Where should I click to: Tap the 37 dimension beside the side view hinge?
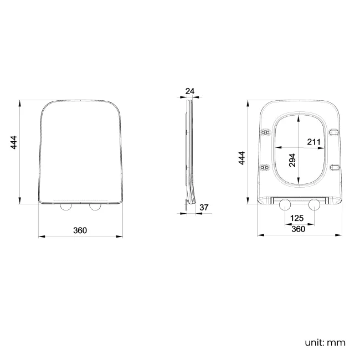(x=203, y=208)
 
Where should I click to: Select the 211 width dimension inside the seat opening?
(x=313, y=142)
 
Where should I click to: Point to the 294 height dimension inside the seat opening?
(x=292, y=160)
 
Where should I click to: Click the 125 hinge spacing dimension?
(x=297, y=219)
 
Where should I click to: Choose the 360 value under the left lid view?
(x=80, y=230)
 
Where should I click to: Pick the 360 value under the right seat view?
(x=298, y=229)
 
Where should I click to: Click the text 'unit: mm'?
(x=325, y=342)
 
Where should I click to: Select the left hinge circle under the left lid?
(x=65, y=207)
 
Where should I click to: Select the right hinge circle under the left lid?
(x=95, y=207)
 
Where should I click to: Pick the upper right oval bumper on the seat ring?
(x=335, y=132)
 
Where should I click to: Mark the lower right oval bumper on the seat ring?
(x=335, y=167)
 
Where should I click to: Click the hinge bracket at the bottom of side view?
(x=187, y=205)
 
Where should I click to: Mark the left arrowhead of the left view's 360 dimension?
(x=40, y=236)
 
